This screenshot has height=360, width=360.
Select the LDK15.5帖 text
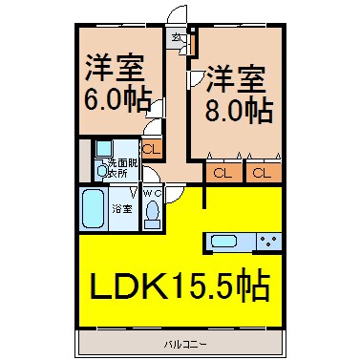click(180, 286)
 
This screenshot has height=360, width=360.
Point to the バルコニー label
click(180, 341)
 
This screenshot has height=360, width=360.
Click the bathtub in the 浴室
click(94, 207)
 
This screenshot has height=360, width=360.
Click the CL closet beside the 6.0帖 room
click(151, 148)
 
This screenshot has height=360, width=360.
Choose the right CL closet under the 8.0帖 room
click(261, 173)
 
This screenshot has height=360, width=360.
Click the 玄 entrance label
click(177, 38)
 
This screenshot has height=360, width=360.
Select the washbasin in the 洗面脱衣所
click(101, 151)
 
